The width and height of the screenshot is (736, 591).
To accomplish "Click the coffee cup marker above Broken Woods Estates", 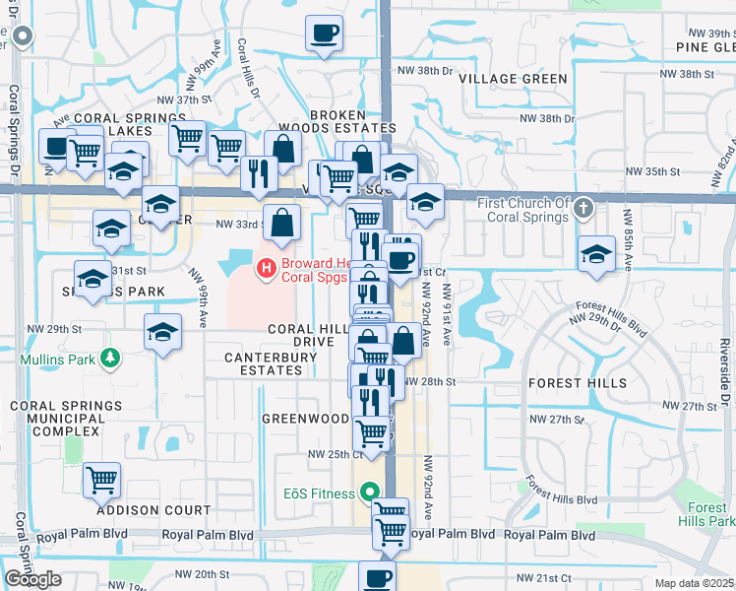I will coord(324,35).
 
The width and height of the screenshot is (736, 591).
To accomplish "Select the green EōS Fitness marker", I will coord(370,490).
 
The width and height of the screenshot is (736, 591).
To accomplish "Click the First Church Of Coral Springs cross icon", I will coord(583,209).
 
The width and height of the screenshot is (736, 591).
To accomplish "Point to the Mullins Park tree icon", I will coord(111,359).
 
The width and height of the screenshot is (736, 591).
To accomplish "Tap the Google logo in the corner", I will coord(32,579).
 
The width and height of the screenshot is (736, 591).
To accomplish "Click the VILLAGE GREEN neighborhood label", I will coord(513,79).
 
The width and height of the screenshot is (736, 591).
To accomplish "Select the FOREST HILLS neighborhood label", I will coord(578,382).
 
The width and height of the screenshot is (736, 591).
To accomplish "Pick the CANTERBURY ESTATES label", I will coord(263,363).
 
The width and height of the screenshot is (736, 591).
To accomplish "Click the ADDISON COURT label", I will coord(153,510).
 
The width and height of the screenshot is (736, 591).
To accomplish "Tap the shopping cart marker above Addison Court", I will coord(101,482).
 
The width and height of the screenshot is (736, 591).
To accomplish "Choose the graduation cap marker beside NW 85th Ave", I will coord(596,254).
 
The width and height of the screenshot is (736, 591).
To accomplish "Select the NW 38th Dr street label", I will coord(424,72).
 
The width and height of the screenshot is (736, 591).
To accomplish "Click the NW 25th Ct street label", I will coord(336,454).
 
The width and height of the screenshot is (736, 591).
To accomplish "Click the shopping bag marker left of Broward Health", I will coord(282,225).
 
